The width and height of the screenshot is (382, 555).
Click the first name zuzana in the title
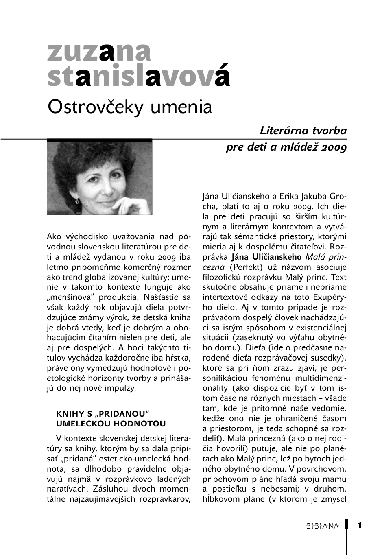click(x=99, y=52)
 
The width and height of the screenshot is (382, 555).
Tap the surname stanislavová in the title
click(x=138, y=76)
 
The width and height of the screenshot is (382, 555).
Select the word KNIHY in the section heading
click(x=69, y=414)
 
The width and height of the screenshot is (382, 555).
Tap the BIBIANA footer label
click(x=322, y=526)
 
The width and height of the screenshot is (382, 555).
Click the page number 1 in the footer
click(x=359, y=525)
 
